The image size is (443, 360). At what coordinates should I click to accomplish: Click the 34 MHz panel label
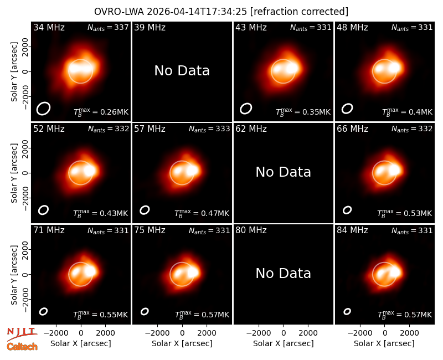(x=49, y=27)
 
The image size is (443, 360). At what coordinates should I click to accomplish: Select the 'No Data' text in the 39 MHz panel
(x=182, y=71)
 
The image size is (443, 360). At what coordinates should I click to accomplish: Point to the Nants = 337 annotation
(x=108, y=27)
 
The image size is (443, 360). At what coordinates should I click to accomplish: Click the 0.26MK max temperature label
(x=101, y=112)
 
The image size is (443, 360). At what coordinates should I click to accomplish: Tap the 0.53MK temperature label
(x=405, y=213)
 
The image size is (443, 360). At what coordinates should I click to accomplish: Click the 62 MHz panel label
(x=251, y=129)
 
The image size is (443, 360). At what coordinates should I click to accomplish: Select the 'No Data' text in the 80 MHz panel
(x=284, y=274)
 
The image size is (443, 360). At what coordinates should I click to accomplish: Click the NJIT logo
(x=22, y=333)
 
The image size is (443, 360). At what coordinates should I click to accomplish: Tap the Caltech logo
(x=22, y=347)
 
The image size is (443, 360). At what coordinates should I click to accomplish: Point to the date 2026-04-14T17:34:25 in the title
(x=197, y=12)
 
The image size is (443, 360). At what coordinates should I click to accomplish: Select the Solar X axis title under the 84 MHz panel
(x=384, y=343)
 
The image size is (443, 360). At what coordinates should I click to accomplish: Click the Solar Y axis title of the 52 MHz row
(x=14, y=173)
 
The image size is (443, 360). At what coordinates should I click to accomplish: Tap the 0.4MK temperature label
(x=407, y=112)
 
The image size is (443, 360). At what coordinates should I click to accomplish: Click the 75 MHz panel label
(x=150, y=230)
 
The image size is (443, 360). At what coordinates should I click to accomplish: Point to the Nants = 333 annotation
(x=209, y=129)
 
